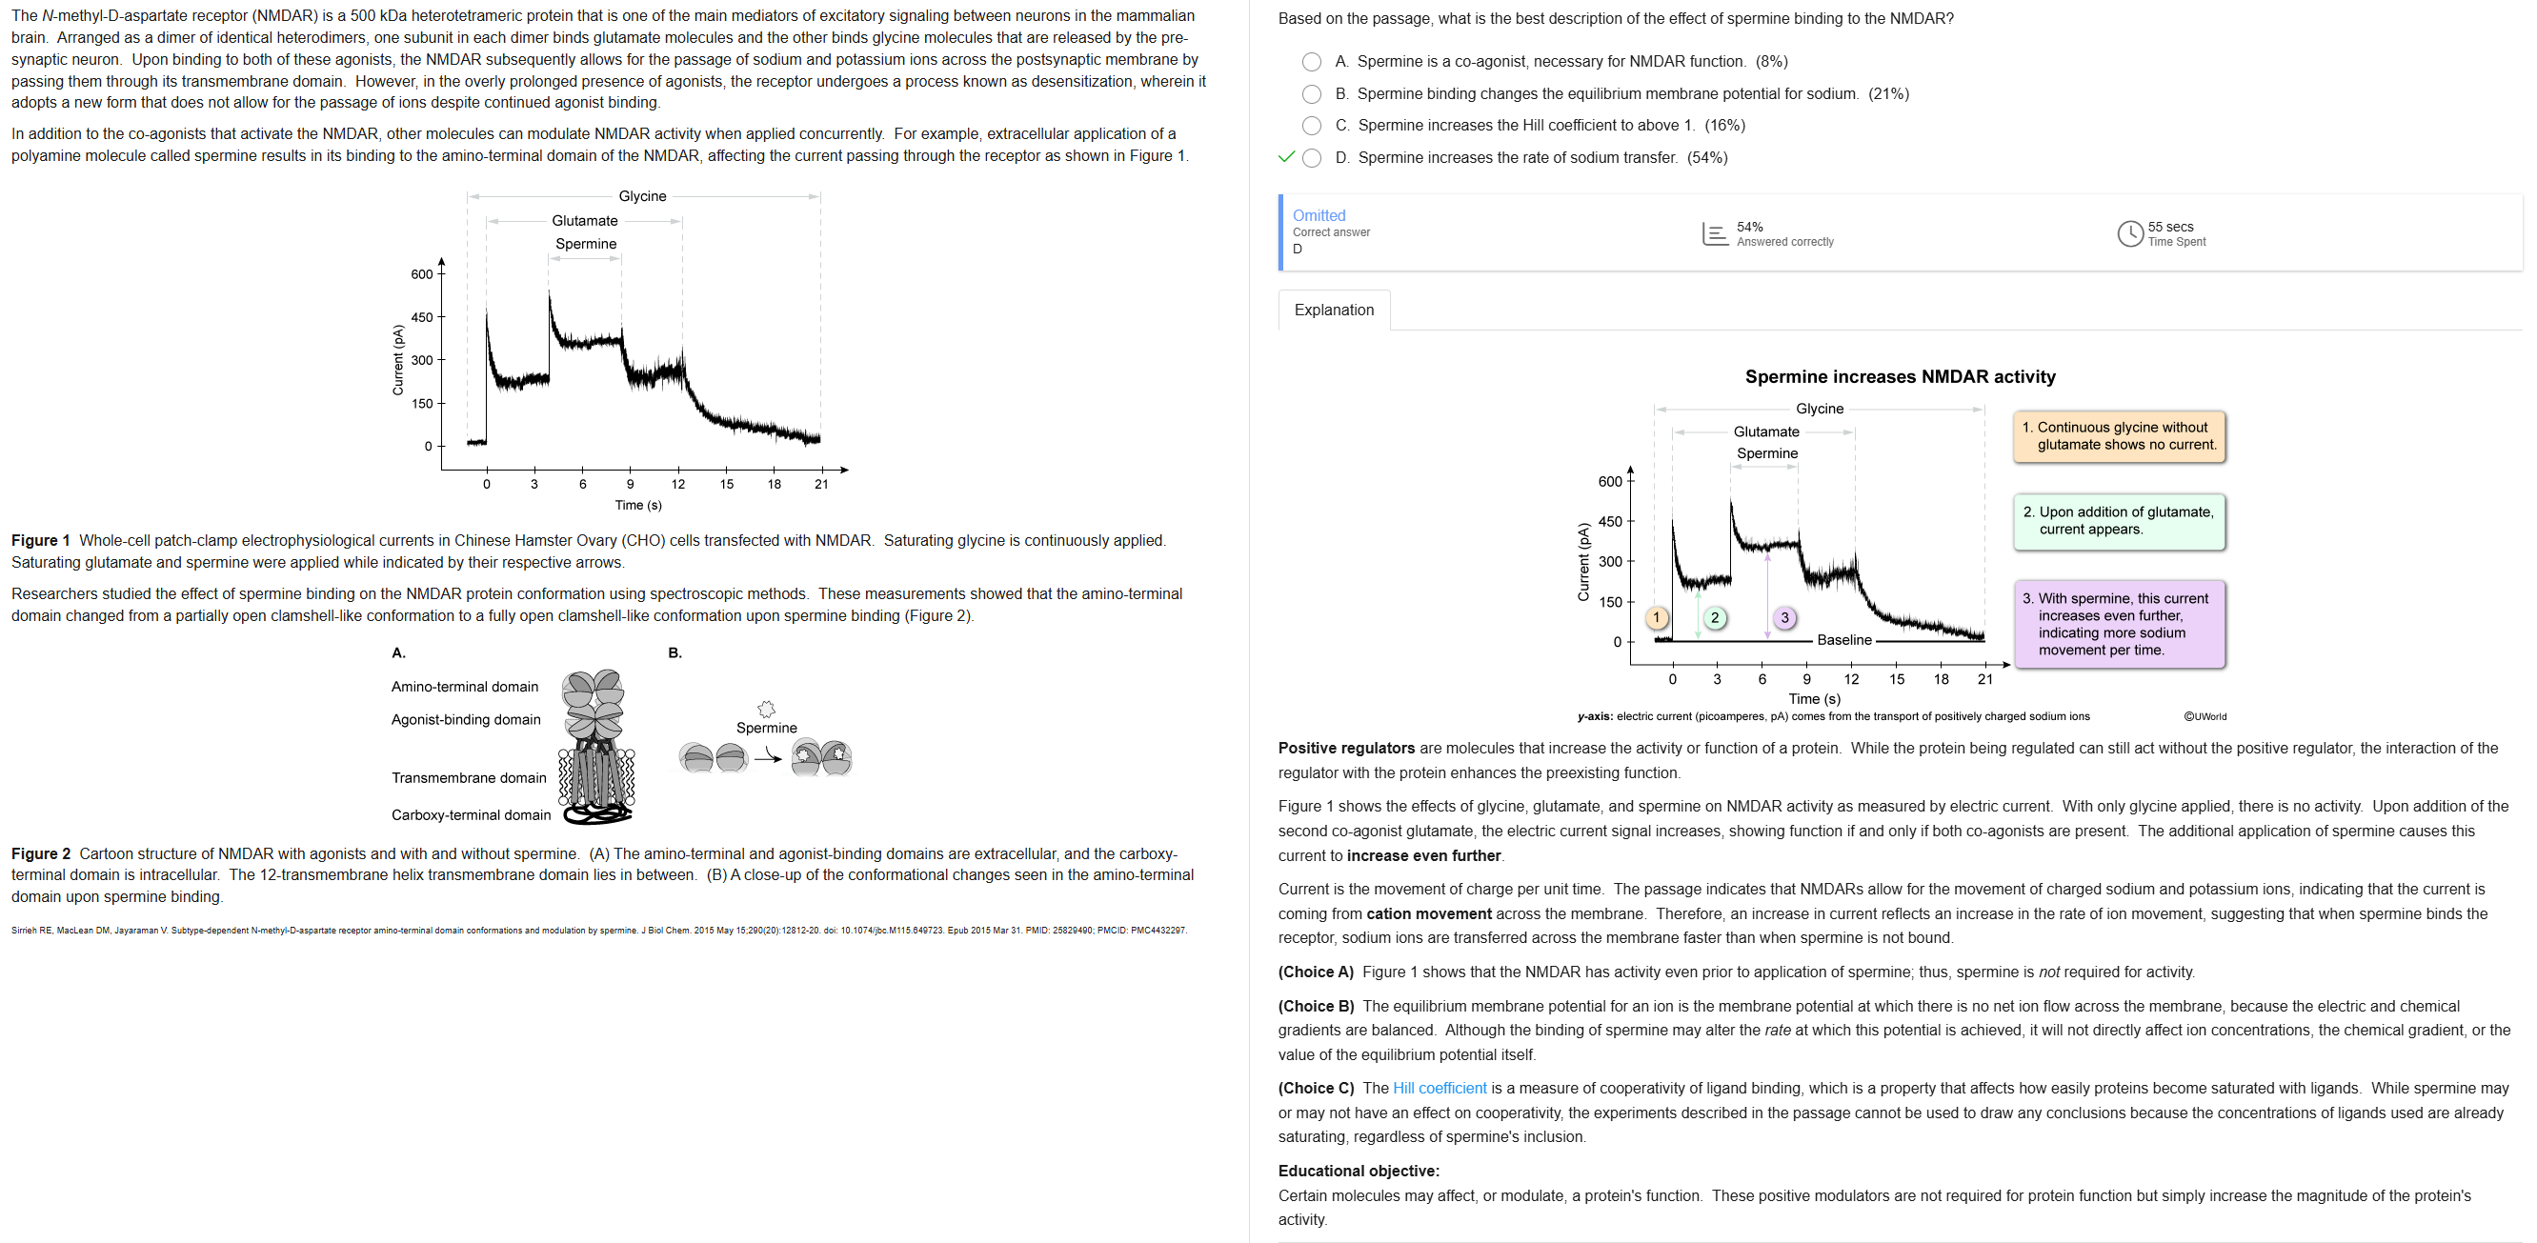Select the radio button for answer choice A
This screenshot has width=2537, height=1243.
(1312, 62)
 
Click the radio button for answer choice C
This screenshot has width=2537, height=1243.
(1312, 126)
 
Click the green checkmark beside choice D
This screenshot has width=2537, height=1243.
(1285, 157)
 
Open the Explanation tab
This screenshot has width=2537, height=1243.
(1334, 311)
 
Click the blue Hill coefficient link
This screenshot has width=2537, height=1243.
(1439, 1089)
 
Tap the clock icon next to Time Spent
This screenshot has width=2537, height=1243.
(2129, 234)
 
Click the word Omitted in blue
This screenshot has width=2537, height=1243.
(1319, 215)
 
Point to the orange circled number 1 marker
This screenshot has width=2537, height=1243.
(1657, 617)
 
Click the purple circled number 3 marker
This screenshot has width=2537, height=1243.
(1784, 617)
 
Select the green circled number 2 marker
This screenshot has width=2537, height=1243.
(1715, 617)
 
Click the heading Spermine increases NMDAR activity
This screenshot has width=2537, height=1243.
(1900, 377)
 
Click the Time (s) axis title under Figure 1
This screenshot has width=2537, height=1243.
(638, 505)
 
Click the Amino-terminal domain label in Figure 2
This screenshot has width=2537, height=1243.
(465, 687)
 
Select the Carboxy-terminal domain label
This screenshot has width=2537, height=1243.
(471, 814)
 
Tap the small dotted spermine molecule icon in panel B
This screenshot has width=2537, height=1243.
(766, 710)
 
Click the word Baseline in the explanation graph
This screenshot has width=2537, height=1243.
(1843, 640)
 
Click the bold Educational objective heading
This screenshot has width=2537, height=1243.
(1359, 1172)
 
